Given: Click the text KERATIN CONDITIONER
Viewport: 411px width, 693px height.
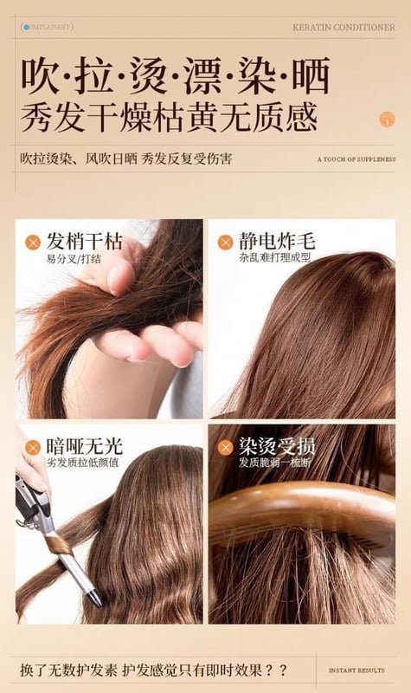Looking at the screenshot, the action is point(344,27).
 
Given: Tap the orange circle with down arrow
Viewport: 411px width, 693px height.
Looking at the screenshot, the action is point(387,120).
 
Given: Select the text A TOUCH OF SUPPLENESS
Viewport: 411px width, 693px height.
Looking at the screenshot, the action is point(356,159).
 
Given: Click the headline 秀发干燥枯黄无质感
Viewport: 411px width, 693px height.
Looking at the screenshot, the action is point(169,117).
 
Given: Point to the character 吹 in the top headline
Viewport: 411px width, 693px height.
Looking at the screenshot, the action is point(40,75).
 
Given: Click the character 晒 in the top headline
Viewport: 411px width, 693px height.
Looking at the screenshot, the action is point(311,75).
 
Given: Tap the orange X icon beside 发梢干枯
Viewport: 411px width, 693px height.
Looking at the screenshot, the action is point(33,243).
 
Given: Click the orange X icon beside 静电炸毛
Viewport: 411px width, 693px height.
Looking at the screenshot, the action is point(225,243).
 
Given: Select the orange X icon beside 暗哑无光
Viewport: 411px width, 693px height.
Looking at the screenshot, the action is point(33,448).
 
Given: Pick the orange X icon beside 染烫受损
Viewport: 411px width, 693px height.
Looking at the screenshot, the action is point(225,448).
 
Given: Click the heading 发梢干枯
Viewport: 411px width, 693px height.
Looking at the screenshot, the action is point(84,242).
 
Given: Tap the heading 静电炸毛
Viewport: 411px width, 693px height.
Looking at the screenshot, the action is point(277,242).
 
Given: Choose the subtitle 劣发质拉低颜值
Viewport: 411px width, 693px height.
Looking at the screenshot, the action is point(83,463).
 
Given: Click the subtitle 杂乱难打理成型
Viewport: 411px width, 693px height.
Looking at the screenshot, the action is point(275,257).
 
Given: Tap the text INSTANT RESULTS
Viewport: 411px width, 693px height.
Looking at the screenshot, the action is point(356,670).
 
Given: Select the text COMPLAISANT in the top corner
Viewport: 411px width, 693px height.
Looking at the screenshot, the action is point(48,27).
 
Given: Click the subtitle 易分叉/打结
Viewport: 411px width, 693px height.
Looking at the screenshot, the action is point(74,258).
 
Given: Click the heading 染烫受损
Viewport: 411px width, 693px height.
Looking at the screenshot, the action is point(277,446).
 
